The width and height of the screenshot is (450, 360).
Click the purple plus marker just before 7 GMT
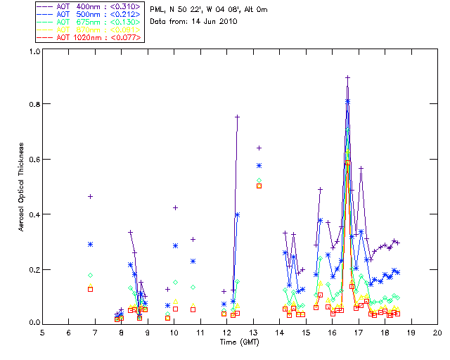[90, 196]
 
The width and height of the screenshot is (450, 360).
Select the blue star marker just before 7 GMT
[90, 244]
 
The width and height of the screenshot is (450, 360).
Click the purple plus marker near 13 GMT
[259, 148]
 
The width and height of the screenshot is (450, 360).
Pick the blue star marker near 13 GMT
[259, 165]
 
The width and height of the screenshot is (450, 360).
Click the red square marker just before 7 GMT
[90, 289]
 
